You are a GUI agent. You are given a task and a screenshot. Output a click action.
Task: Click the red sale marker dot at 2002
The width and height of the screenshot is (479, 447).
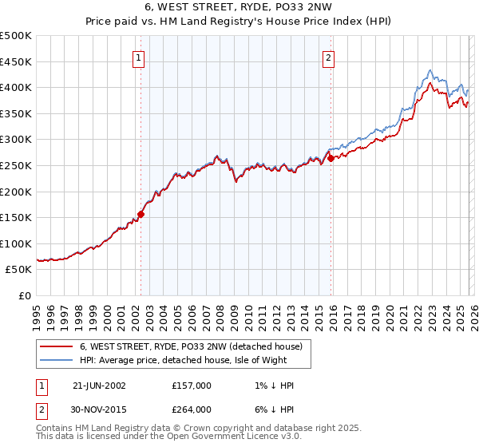click(x=141, y=214)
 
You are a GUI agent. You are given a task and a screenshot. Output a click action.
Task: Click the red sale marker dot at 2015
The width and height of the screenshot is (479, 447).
click(x=331, y=158)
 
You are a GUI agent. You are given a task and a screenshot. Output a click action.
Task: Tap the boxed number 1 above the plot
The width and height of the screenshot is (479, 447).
click(x=139, y=57)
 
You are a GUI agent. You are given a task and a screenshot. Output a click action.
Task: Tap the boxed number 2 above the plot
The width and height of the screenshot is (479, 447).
click(x=328, y=57)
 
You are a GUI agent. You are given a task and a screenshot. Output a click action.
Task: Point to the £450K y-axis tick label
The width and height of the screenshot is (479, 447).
click(x=16, y=61)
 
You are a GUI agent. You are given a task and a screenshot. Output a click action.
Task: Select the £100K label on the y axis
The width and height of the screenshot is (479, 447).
click(x=16, y=243)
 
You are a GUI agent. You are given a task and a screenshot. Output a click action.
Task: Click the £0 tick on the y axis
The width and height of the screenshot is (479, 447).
click(x=26, y=295)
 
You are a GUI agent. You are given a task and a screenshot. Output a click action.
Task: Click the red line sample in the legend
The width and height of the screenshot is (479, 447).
click(x=57, y=347)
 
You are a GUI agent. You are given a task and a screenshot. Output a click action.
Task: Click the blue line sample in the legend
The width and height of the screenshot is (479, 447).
click(x=57, y=361)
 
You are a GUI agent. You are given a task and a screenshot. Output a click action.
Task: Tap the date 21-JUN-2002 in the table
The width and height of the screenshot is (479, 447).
click(x=99, y=386)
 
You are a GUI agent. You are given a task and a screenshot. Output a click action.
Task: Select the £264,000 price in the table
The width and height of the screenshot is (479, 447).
click(x=192, y=411)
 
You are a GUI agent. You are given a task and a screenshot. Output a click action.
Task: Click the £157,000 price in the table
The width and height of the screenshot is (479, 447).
click(x=192, y=386)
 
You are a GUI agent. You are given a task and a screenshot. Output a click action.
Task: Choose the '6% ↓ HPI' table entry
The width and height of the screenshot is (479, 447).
click(x=271, y=411)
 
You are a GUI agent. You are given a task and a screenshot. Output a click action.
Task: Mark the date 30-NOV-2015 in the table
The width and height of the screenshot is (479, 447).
click(x=99, y=411)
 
